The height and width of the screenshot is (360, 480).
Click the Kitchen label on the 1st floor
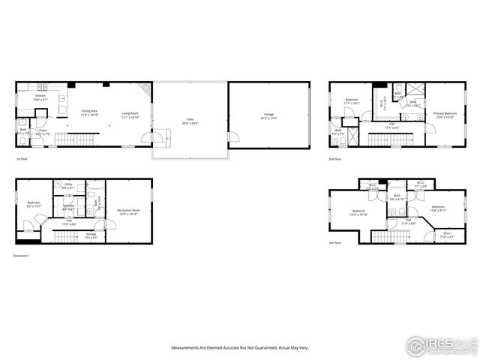pyautogui.click(x=41, y=97)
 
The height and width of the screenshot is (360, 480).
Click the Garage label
pyautogui.click(x=268, y=115)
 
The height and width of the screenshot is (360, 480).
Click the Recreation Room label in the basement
pyautogui.click(x=127, y=211)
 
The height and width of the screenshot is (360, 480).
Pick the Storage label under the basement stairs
pyautogui.click(x=91, y=235)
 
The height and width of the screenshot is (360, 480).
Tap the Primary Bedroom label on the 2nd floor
pyautogui.click(x=445, y=114)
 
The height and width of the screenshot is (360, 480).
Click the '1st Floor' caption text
pyautogui.click(x=22, y=159)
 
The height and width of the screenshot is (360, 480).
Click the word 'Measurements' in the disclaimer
pyautogui.click(x=187, y=347)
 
